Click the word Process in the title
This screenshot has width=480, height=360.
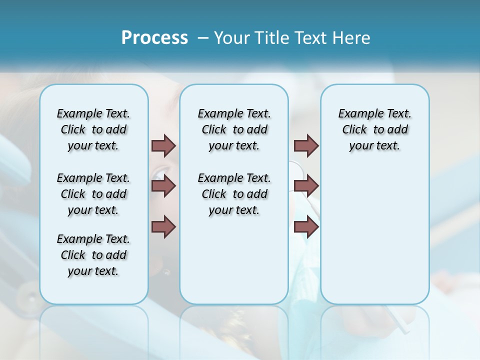tap(154, 38)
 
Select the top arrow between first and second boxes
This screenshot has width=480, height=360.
tap(163, 145)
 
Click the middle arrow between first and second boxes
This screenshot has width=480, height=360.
tap(163, 186)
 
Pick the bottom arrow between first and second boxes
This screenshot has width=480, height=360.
tap(163, 226)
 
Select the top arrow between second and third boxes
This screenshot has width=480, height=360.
tap(306, 145)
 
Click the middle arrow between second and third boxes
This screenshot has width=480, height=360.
tap(306, 186)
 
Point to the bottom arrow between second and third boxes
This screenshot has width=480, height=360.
tap(306, 226)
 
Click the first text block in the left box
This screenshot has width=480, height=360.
tap(93, 129)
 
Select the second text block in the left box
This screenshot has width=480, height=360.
tap(93, 194)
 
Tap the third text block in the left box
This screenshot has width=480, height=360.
tap(93, 255)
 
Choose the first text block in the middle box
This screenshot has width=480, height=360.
tap(234, 129)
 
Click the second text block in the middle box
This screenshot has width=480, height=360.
tap(234, 194)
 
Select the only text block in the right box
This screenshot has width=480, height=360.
tap(374, 129)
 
